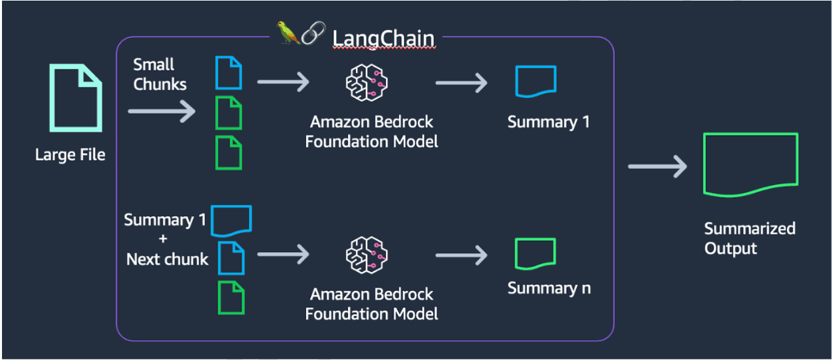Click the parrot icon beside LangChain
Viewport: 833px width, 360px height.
[288, 33]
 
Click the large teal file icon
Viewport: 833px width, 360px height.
[75, 98]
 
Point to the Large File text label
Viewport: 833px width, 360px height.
[70, 156]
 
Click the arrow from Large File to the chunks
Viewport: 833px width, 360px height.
[162, 111]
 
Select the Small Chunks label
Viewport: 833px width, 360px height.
[160, 75]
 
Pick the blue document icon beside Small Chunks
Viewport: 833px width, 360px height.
[228, 73]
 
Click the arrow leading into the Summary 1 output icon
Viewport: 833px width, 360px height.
[461, 83]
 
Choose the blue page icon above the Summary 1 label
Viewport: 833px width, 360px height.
[535, 82]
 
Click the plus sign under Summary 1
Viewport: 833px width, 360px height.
[164, 240]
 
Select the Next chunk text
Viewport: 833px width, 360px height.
[167, 259]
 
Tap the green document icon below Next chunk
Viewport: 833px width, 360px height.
[232, 297]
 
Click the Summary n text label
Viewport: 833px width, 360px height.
[549, 288]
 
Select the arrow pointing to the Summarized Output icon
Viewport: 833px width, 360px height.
[657, 166]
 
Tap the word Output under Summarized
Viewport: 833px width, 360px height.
[731, 249]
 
